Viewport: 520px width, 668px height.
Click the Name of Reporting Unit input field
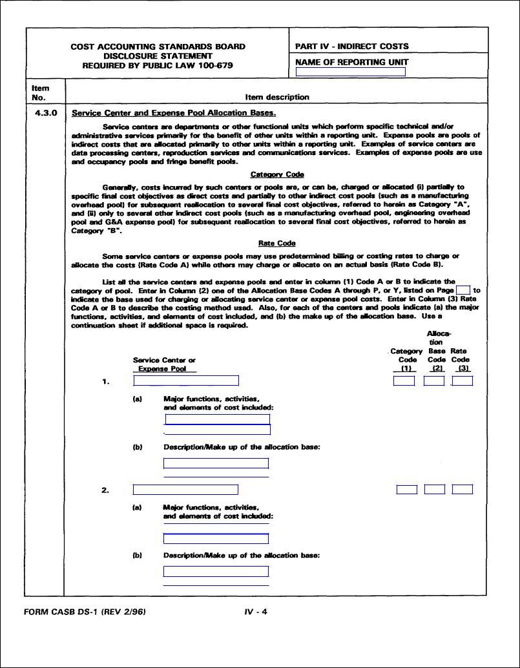pyautogui.click(x=350, y=72)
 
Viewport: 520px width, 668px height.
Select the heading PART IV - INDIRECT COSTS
pyautogui.click(x=351, y=47)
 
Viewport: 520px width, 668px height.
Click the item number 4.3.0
pyautogui.click(x=45, y=112)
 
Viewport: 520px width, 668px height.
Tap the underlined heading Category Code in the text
pyautogui.click(x=276, y=174)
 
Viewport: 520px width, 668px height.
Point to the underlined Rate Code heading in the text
pyautogui.click(x=276, y=244)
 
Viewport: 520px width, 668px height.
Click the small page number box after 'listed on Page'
pyautogui.click(x=463, y=290)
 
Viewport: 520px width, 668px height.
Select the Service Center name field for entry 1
pyautogui.click(x=185, y=381)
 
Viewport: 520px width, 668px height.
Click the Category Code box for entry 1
pyautogui.click(x=404, y=381)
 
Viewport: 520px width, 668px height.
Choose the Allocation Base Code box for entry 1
pyautogui.click(x=433, y=381)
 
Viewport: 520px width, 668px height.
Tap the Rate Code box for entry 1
pyautogui.click(x=462, y=381)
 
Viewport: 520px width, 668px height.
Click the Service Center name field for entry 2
pyautogui.click(x=185, y=490)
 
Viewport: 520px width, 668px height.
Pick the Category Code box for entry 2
pyautogui.click(x=406, y=490)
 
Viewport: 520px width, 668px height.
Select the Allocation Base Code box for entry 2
pyautogui.click(x=434, y=490)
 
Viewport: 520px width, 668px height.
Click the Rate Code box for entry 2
pyautogui.click(x=462, y=490)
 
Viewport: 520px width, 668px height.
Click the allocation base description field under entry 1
pyautogui.click(x=216, y=463)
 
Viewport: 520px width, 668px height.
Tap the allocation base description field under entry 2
pyautogui.click(x=216, y=571)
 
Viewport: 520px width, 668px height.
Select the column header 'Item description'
pyautogui.click(x=277, y=97)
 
